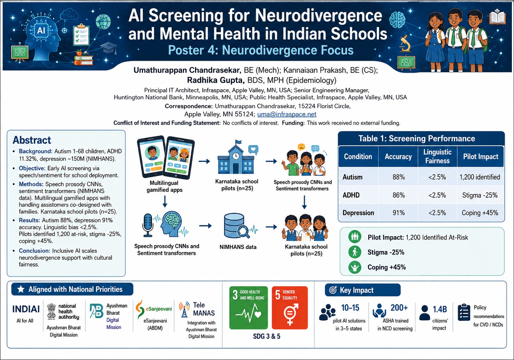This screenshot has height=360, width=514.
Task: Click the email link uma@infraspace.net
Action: click(x=287, y=114)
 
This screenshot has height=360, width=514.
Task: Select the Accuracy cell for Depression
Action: click(x=398, y=213)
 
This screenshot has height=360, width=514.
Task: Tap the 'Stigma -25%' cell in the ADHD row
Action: click(x=480, y=195)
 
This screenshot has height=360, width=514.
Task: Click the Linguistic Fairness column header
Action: click(x=437, y=156)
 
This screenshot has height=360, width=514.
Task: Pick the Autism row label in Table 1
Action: click(x=352, y=177)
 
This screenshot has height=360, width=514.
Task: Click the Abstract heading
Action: click(x=32, y=140)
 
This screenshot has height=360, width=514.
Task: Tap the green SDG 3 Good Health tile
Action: click(x=249, y=307)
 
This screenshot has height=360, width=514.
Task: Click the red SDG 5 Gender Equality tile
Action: click(x=290, y=307)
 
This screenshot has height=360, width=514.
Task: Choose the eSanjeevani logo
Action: click(x=153, y=309)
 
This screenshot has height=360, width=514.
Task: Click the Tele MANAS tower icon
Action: click(x=184, y=310)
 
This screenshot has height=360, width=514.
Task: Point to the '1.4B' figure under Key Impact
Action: click(x=440, y=309)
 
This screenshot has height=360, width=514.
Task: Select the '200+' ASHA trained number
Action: click(x=399, y=307)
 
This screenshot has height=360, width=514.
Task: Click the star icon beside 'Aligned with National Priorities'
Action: click(x=21, y=289)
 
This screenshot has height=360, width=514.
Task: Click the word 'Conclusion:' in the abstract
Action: click(x=34, y=251)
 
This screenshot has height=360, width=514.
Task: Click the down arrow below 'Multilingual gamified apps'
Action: click(x=165, y=201)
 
